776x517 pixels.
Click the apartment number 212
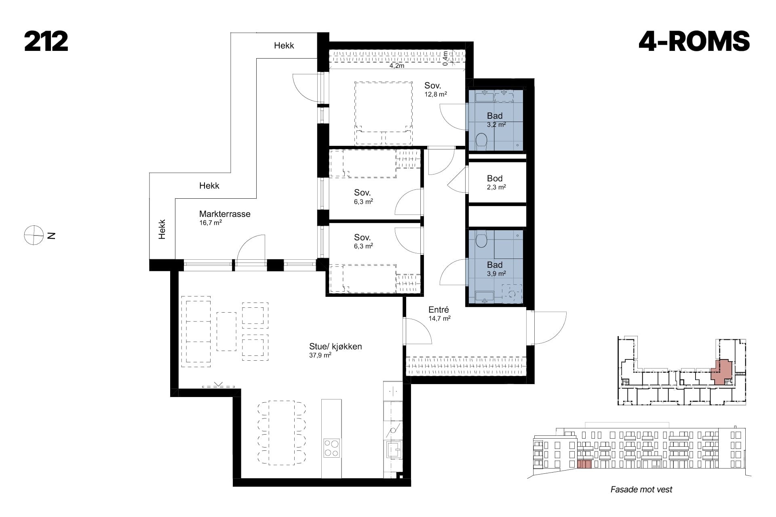(x=46, y=42)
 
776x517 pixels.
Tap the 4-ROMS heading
(x=694, y=42)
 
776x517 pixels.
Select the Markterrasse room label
(x=225, y=214)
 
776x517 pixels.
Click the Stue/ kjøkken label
(x=335, y=347)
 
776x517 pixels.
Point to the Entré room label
(x=439, y=310)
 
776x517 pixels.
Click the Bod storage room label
(x=495, y=179)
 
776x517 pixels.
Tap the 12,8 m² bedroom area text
(x=435, y=95)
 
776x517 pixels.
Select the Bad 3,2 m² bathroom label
(x=496, y=120)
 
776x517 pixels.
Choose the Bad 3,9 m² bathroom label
(x=496, y=269)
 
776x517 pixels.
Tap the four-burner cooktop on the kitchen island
(x=331, y=448)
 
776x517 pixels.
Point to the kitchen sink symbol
(x=394, y=448)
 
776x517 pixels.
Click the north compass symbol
(x=34, y=235)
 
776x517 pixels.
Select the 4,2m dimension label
(x=397, y=66)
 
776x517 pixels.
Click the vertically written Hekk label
(x=162, y=229)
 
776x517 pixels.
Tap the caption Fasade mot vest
(x=641, y=490)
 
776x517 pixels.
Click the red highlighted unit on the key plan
(x=721, y=372)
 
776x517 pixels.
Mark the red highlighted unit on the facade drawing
(x=584, y=464)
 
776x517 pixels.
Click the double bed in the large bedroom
(x=384, y=113)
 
